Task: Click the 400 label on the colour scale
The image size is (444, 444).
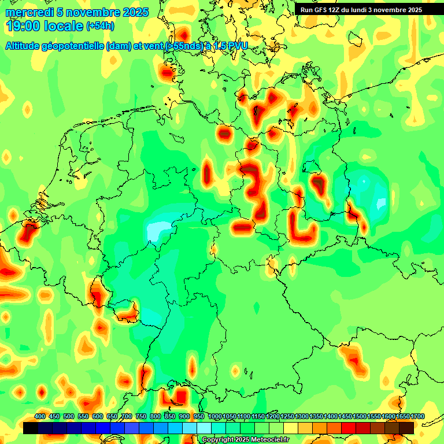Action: pyautogui.click(x=40, y=416)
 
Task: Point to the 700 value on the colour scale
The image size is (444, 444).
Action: pyautogui.click(x=127, y=416)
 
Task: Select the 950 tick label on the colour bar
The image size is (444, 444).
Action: pyautogui.click(x=199, y=416)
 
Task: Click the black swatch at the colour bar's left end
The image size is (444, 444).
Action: pyautogui.click(x=31, y=428)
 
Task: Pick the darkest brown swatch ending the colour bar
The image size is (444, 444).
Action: pyautogui.click(x=406, y=428)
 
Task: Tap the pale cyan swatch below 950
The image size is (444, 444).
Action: pyautogui.click(x=203, y=428)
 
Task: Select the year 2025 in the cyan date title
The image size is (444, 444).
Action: pyautogui.click(x=135, y=12)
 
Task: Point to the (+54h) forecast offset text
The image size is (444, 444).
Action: pyautogui.click(x=100, y=26)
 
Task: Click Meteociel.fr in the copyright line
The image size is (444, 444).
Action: pyautogui.click(x=268, y=440)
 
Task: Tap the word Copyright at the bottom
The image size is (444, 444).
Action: pyautogui.click(x=219, y=440)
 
